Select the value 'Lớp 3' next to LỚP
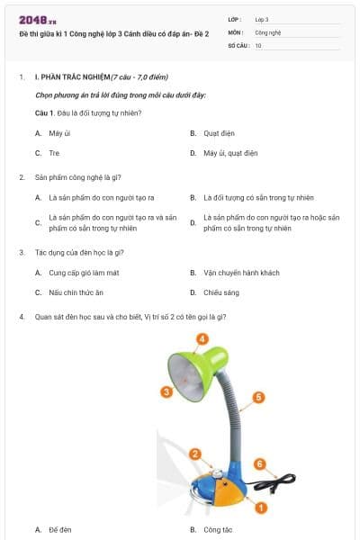263,18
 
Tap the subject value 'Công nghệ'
269,31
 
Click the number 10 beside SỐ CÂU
258,45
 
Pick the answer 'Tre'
54,153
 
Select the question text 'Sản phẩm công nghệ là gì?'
78,177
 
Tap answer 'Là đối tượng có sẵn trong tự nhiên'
258,197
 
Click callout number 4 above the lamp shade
202,339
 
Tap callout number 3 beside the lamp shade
166,391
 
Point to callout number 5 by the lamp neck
258,397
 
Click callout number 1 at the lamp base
261,508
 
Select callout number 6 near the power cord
259,464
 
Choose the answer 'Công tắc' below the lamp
219,530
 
